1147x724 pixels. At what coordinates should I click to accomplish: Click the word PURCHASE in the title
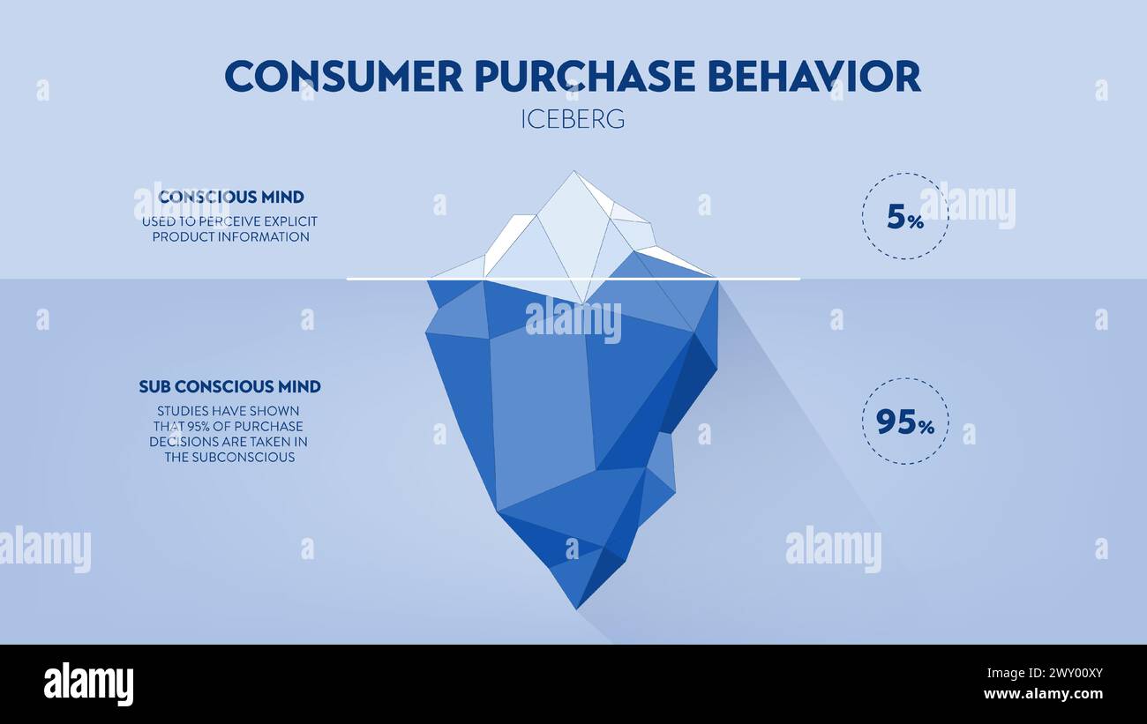coord(586,77)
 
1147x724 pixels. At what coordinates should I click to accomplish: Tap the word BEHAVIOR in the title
coord(813,77)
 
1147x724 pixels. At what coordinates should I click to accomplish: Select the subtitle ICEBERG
coord(573,119)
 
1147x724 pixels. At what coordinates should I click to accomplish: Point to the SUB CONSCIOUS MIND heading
coord(229,386)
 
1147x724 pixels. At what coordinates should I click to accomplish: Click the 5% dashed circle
coord(905,216)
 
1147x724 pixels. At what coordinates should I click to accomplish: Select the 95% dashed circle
coord(905,422)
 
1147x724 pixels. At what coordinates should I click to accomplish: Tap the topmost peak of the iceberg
coord(574,175)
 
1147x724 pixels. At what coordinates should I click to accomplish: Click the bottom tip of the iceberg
coord(576,606)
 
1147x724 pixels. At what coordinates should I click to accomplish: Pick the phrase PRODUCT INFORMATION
coord(230,237)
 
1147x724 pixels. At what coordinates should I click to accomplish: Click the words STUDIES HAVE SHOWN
coord(229,411)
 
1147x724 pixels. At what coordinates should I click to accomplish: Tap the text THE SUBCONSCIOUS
coord(229,458)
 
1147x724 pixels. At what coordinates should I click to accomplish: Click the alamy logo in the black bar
coord(88,684)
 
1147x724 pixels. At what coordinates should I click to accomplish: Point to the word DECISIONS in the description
coord(187,442)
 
